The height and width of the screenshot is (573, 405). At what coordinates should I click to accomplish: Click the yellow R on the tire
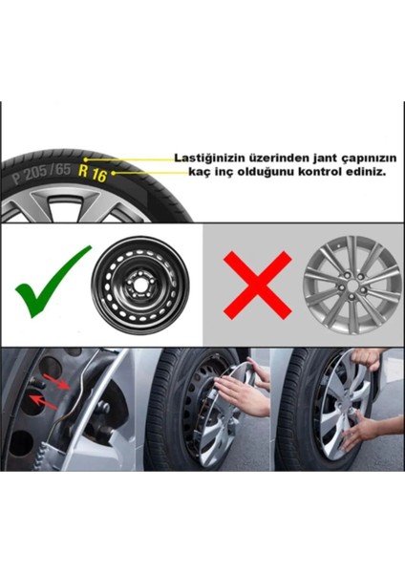coord(85,173)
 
